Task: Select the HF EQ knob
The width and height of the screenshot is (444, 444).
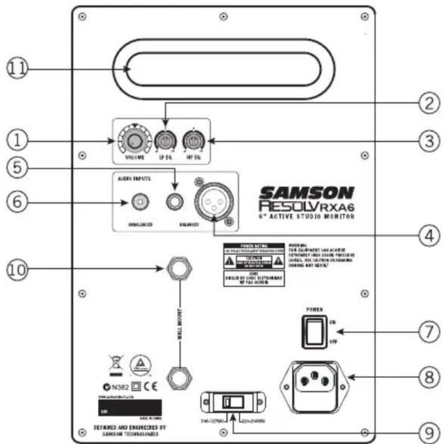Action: (x=192, y=140)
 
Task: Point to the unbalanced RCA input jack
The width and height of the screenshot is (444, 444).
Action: (x=139, y=201)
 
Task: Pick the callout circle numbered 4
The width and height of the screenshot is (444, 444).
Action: (x=427, y=235)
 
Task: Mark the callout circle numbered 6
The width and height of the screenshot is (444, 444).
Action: (x=17, y=201)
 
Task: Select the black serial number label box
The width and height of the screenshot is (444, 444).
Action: (x=128, y=408)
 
